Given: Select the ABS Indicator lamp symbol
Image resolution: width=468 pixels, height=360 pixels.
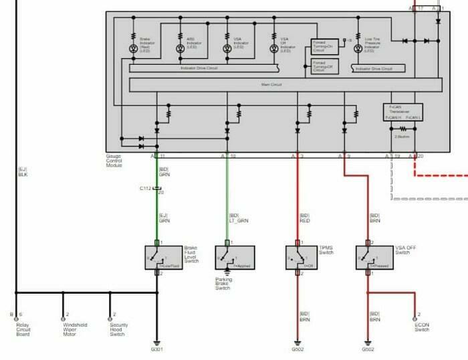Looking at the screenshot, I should (x=180, y=48).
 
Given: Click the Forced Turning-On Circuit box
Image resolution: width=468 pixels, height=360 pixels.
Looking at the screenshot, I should (x=324, y=46).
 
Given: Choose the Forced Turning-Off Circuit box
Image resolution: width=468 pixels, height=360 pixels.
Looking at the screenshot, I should (x=324, y=66).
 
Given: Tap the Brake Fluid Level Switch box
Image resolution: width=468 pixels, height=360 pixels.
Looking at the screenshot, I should (x=158, y=258).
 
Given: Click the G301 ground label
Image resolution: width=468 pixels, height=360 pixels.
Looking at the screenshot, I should (x=157, y=349).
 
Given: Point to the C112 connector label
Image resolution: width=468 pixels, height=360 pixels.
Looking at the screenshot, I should (x=146, y=188).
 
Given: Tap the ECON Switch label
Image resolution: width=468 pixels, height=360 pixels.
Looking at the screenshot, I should (x=421, y=327).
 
